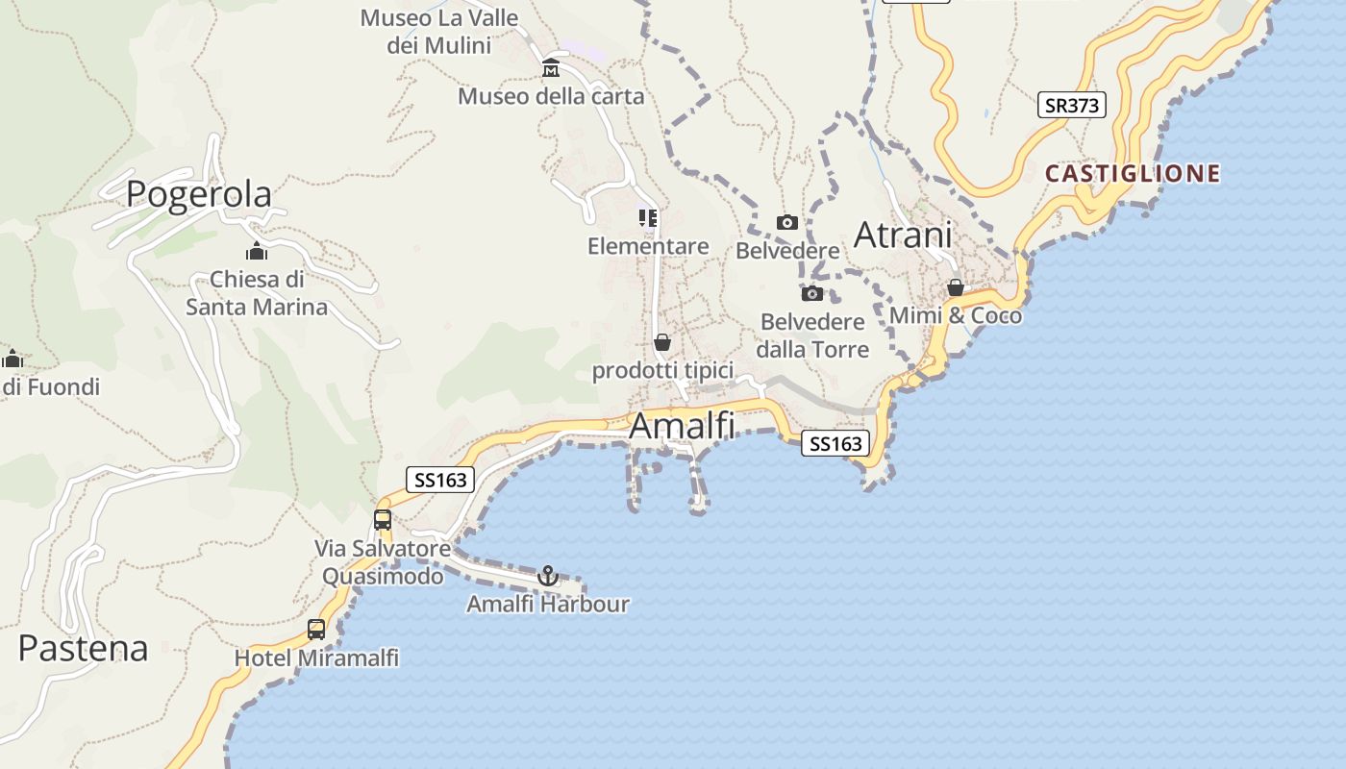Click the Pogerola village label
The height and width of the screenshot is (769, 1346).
(x=199, y=194)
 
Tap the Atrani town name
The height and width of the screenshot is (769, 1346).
(x=903, y=235)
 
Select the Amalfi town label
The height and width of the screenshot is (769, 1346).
(x=682, y=426)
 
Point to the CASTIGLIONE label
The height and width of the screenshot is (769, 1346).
(x=1133, y=174)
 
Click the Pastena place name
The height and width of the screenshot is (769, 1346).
(x=83, y=648)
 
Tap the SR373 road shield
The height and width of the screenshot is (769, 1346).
(x=1071, y=105)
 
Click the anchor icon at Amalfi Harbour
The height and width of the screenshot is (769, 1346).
(x=547, y=576)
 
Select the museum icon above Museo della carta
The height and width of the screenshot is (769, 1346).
(x=551, y=68)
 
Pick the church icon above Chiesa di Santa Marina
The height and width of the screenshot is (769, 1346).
(x=256, y=252)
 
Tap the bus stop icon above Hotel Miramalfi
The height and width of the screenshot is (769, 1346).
(x=316, y=630)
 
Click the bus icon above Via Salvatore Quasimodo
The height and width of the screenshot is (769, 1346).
(x=383, y=520)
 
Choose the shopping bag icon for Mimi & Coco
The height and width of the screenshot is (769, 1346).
(x=955, y=287)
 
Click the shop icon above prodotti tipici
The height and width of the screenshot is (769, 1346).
(x=661, y=342)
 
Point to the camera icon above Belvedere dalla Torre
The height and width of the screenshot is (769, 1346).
(x=812, y=293)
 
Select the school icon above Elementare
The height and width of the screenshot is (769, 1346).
(x=648, y=218)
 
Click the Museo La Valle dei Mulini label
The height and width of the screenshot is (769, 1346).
(x=439, y=32)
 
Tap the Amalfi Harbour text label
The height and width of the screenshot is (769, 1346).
(x=548, y=605)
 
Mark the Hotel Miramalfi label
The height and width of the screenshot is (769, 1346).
(x=316, y=658)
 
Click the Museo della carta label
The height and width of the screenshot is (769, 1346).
(x=551, y=96)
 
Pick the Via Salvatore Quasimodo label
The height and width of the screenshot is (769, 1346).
(x=383, y=562)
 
